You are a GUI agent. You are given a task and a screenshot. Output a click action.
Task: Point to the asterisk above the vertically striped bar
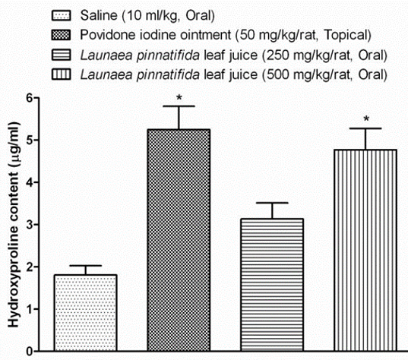tap(365, 120)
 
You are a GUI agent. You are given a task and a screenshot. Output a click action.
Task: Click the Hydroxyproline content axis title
tap(13, 224)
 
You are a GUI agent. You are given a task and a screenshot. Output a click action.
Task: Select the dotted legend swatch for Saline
tap(66, 14)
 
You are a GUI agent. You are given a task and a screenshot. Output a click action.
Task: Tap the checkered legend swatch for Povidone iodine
tap(66, 34)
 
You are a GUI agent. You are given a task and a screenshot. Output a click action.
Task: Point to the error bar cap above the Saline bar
tap(85, 265)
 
